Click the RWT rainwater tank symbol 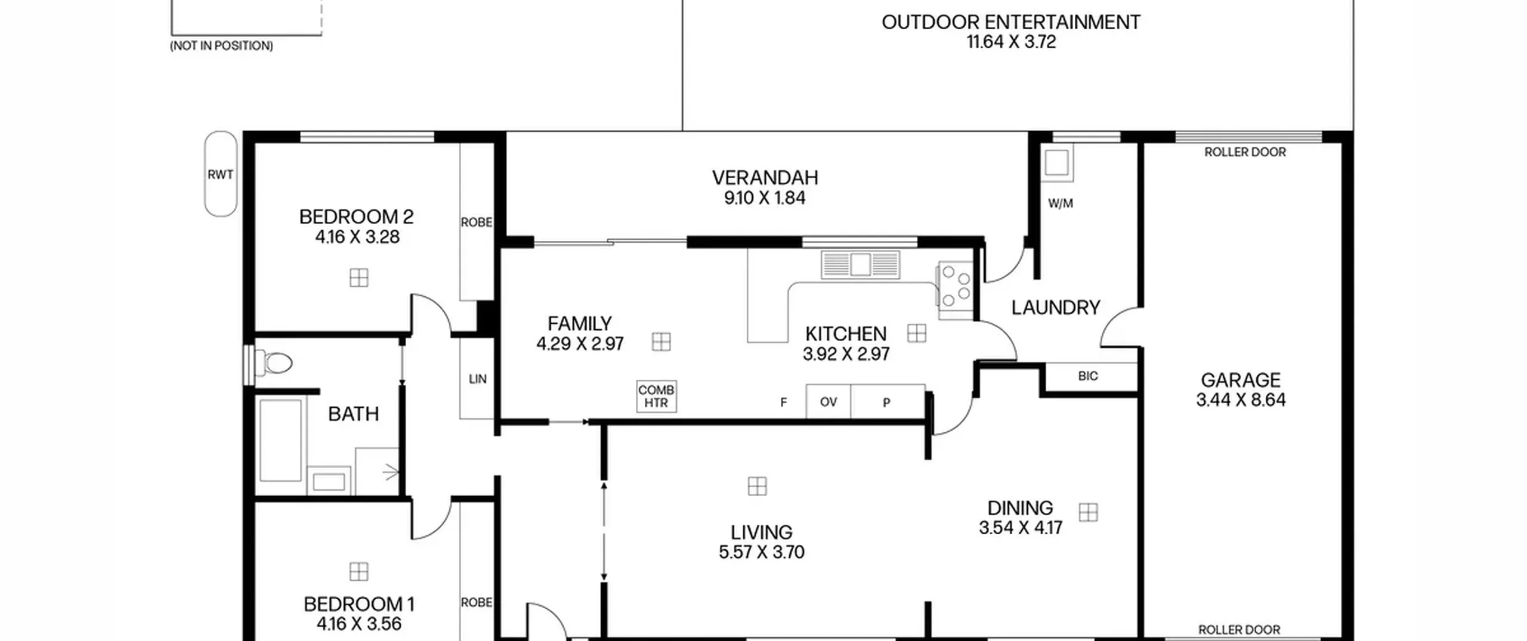click(x=221, y=174)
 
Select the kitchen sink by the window click(x=860, y=265)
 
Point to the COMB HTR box click(x=656, y=396)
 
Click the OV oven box click(x=828, y=402)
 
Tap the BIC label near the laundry click(x=1088, y=376)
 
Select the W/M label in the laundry click(x=1061, y=204)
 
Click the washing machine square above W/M click(x=1057, y=163)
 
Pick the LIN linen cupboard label click(x=478, y=379)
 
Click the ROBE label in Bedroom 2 click(x=477, y=222)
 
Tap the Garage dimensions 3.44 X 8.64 click(x=1241, y=400)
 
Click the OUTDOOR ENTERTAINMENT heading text click(x=1011, y=23)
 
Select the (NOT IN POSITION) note click(x=221, y=46)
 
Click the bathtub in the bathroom click(x=281, y=440)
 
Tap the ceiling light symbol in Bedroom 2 click(x=359, y=278)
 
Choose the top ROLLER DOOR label click(x=1245, y=153)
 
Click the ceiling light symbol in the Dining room click(x=1089, y=513)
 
